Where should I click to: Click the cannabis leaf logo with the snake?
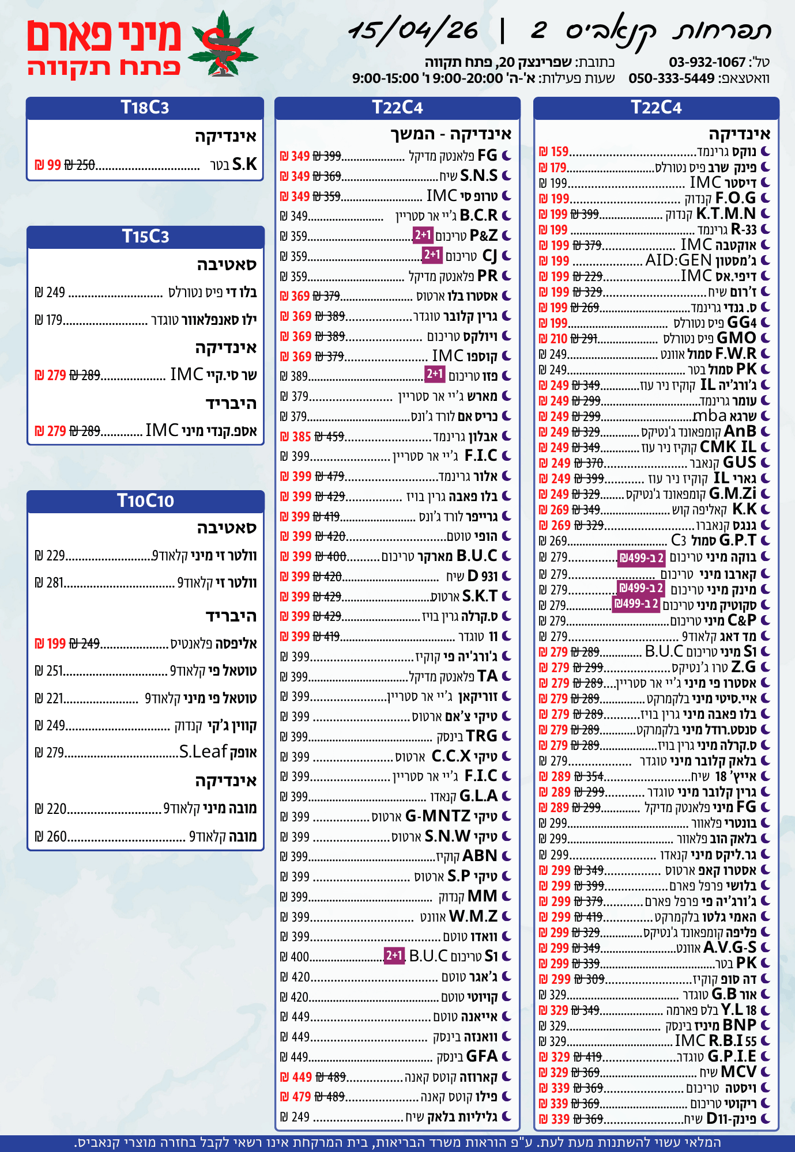[x=224, y=45]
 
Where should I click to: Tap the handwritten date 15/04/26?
[x=414, y=31]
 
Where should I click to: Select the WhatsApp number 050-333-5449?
[x=671, y=78]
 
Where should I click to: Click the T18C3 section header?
[x=145, y=108]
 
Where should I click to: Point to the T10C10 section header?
[x=145, y=501]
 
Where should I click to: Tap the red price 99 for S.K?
[x=54, y=165]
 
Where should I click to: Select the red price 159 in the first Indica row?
[x=559, y=152]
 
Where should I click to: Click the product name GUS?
[x=739, y=463]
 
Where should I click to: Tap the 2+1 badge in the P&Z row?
[x=423, y=235]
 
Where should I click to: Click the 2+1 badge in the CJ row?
[x=432, y=255]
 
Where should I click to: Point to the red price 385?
[x=301, y=437]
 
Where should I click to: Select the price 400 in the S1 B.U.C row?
[x=300, y=957]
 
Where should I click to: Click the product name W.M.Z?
[x=473, y=916]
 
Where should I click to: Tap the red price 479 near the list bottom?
[x=301, y=1097]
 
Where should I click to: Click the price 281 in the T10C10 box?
[x=55, y=583]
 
